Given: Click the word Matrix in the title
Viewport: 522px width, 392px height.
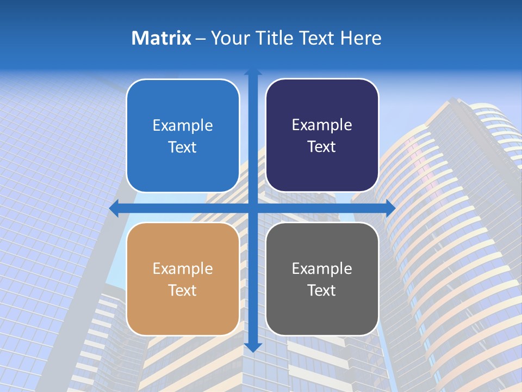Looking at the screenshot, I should pos(161,38).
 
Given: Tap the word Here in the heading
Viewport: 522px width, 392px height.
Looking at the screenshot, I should pos(361,38).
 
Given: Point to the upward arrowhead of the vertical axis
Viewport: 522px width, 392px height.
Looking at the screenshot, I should pos(253,72).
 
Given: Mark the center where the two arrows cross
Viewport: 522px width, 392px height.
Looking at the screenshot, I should pos(253,208).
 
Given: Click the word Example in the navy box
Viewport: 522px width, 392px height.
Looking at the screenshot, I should pos(322,125).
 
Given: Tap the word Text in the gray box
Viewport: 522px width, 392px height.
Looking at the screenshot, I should pos(322,290).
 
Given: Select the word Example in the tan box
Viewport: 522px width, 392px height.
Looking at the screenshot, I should pos(183,268).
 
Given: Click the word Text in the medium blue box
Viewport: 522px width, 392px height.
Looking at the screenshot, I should pos(183,147).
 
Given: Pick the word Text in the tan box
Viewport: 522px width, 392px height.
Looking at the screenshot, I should pos(183,290).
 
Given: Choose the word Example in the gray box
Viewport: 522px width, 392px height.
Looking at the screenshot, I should pos(322,268).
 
